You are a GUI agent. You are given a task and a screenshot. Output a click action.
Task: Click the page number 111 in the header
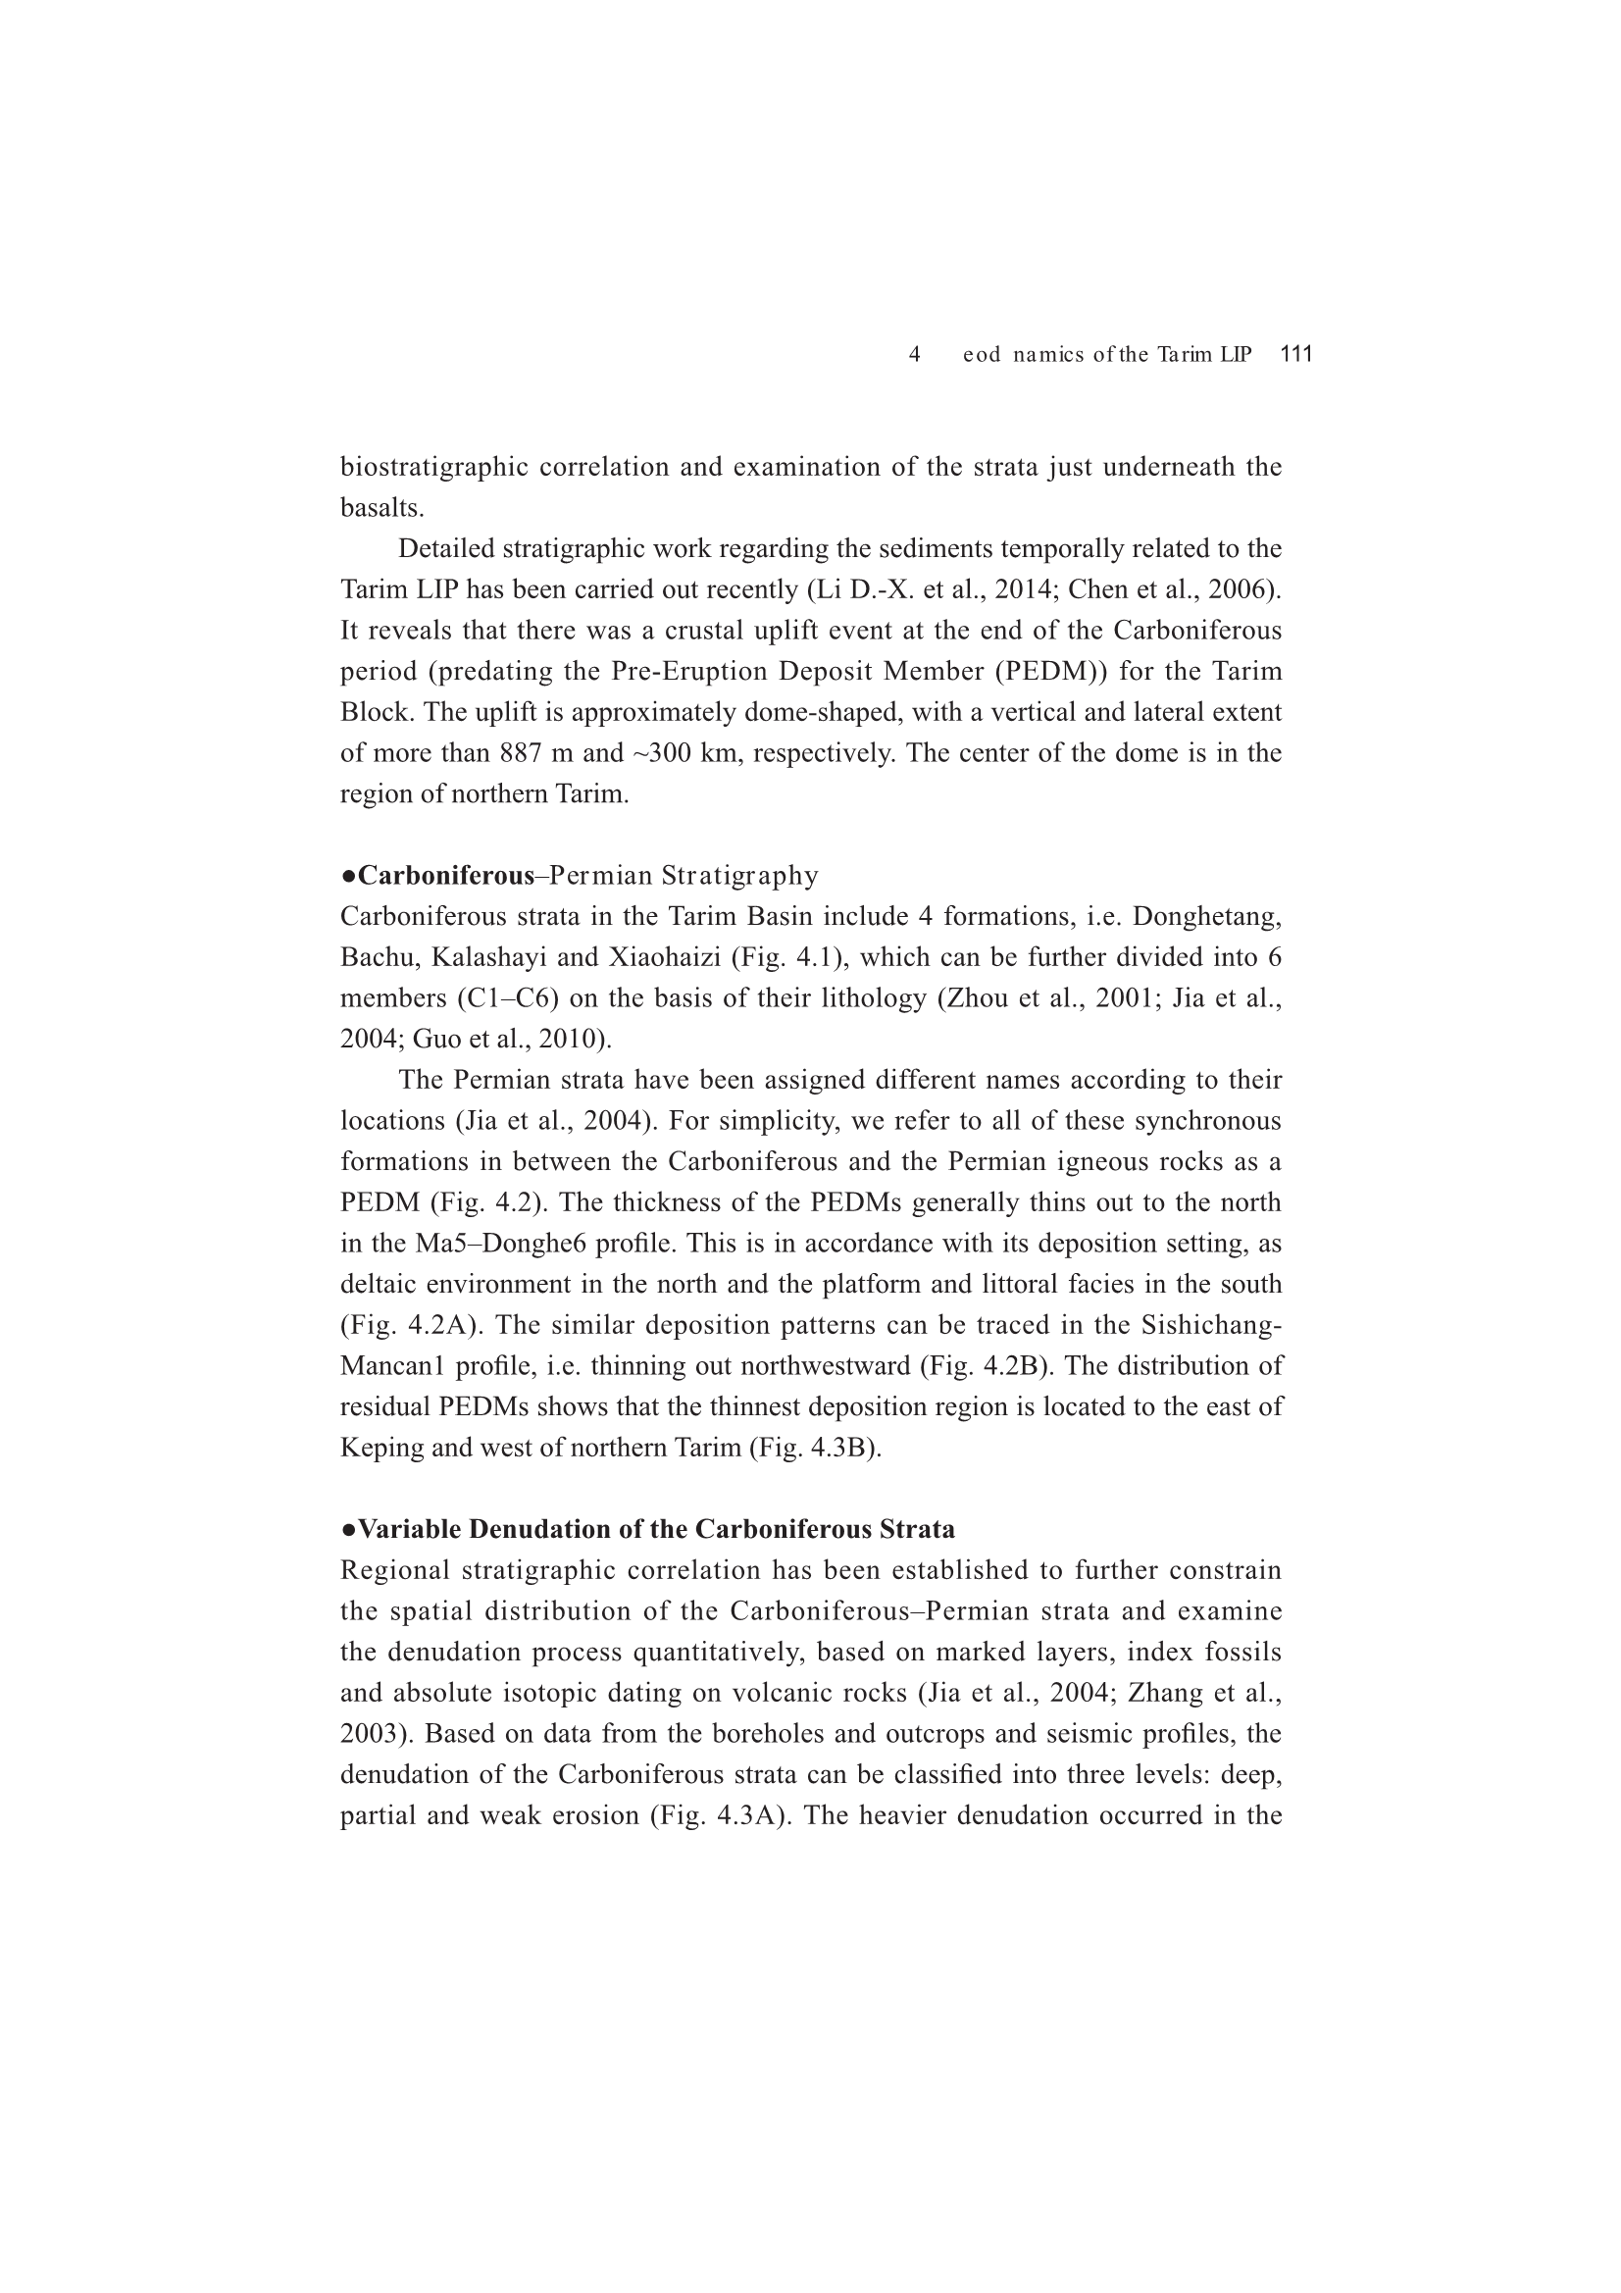[x=1295, y=353]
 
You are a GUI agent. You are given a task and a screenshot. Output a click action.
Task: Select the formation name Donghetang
[x=1206, y=917]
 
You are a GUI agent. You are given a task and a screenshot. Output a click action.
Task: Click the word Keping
[x=382, y=1449]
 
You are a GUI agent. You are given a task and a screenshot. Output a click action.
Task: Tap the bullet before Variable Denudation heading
[x=347, y=1530]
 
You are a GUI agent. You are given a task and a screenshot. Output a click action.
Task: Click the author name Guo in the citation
[x=433, y=1040]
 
